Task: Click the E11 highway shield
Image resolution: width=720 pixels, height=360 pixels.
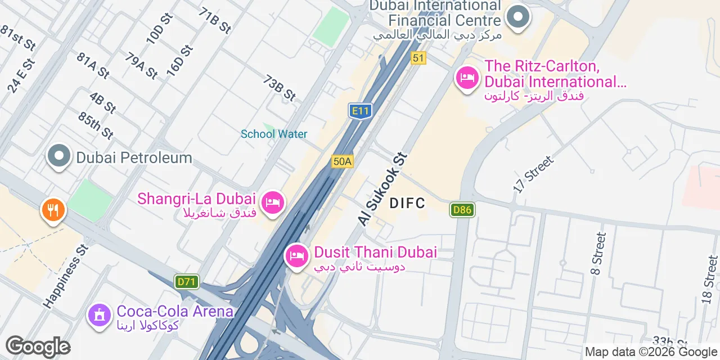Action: point(360,111)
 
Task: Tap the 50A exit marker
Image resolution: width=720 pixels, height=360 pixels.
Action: point(342,161)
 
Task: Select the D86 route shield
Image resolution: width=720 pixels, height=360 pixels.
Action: point(462,210)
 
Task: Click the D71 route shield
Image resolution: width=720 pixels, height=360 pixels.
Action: point(187,282)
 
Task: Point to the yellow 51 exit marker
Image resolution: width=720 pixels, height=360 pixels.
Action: point(417,57)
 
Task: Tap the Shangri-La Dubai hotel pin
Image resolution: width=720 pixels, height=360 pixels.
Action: point(273,201)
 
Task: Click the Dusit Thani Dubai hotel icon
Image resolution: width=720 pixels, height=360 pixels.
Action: point(296,256)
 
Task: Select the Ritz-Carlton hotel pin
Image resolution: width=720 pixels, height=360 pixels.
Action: point(467,78)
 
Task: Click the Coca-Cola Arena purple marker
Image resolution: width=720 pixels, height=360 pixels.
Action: point(100,314)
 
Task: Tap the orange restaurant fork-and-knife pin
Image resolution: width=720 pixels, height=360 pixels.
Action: point(53,210)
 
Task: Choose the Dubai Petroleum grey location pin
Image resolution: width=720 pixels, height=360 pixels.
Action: point(59,156)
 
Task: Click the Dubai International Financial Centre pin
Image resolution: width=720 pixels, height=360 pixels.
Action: point(517,17)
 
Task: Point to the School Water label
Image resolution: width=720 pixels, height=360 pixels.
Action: point(274,134)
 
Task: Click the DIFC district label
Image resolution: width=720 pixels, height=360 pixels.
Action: point(407,203)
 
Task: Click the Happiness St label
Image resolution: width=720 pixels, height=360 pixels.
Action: point(66,276)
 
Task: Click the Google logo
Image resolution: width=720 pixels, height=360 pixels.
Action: point(38,347)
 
